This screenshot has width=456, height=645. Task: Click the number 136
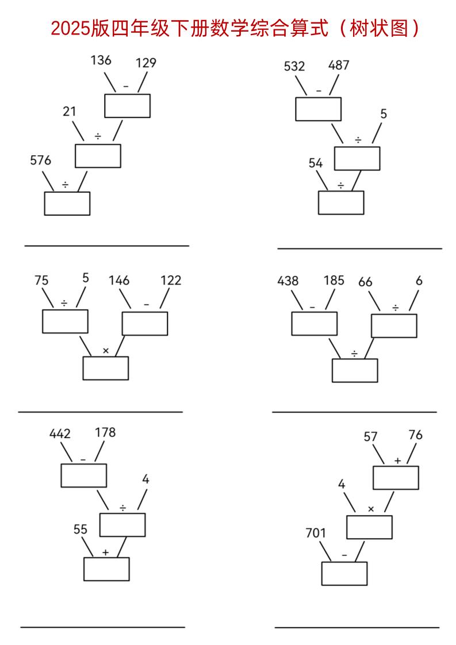(x=101, y=60)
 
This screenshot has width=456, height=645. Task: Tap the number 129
(x=147, y=63)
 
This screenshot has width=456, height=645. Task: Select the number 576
(x=40, y=160)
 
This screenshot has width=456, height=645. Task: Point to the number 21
(x=70, y=112)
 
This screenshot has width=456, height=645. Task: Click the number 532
(x=294, y=66)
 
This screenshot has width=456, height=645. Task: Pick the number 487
(x=339, y=65)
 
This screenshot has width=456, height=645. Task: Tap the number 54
(x=316, y=163)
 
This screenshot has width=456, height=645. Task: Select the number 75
(x=41, y=281)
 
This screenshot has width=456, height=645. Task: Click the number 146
(x=119, y=281)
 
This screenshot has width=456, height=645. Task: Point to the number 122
(x=171, y=281)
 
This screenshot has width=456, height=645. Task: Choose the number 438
(x=288, y=281)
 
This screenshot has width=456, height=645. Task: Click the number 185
(x=334, y=281)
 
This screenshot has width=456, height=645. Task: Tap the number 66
(x=365, y=282)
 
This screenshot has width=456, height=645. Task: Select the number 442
(x=60, y=434)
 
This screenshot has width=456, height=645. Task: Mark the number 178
(x=105, y=432)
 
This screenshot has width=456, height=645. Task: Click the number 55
(x=81, y=529)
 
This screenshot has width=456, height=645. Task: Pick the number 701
(x=316, y=533)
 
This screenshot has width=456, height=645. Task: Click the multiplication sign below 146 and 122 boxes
(x=105, y=350)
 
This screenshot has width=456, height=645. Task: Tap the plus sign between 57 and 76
(x=397, y=461)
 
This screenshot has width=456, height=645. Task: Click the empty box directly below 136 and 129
(x=127, y=105)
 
